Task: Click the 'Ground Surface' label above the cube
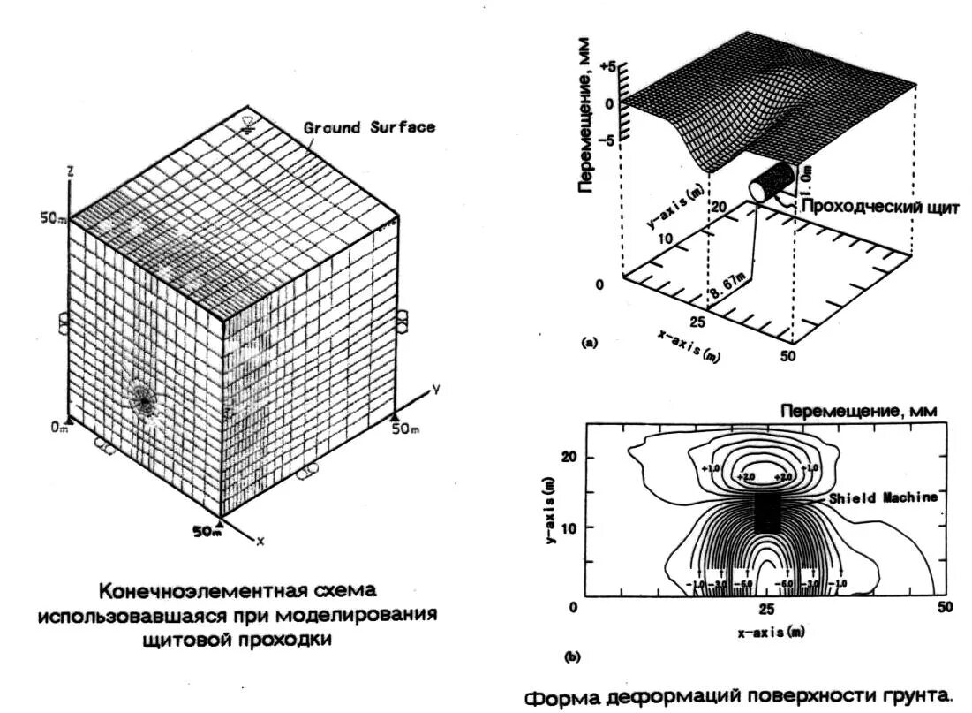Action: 369,127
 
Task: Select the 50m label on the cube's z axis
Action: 53,217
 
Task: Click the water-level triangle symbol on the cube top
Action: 249,125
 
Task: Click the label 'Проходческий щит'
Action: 879,207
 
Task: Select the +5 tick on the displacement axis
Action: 607,67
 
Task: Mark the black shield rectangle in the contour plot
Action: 766,512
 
